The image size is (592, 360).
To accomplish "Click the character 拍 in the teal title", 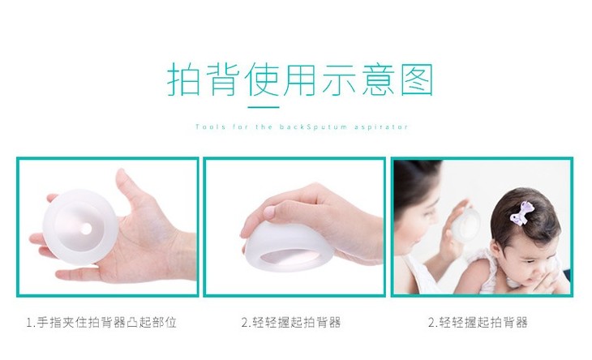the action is (x=184, y=79).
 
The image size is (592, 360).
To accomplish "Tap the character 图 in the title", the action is (x=417, y=79).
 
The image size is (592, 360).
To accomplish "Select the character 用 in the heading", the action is (x=299, y=79).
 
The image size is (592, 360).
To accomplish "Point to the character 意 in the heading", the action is (x=378, y=79).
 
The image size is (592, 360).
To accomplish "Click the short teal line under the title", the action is (x=264, y=107).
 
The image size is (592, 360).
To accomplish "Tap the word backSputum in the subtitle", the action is (x=313, y=126).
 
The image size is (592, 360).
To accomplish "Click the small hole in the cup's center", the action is (x=86, y=229).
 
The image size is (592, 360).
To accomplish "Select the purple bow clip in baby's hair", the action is (x=521, y=213).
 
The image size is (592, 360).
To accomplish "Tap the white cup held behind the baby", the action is (x=467, y=227).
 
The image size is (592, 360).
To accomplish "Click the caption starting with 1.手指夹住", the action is (x=101, y=322).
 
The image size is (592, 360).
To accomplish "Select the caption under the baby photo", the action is (x=478, y=322).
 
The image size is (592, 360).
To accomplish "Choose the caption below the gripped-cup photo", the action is (x=291, y=322).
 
